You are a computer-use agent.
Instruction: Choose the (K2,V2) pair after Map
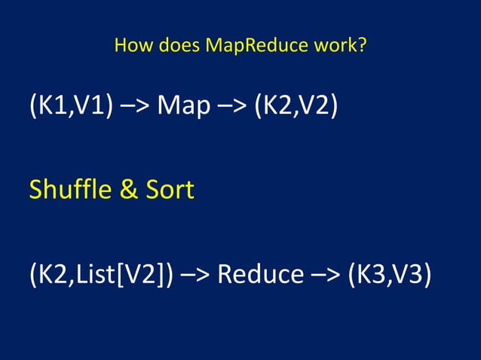[295, 106]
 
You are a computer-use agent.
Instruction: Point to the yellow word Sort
[170, 190]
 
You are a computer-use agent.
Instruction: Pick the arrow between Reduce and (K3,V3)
[326, 273]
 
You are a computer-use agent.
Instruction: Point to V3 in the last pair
[411, 273]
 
